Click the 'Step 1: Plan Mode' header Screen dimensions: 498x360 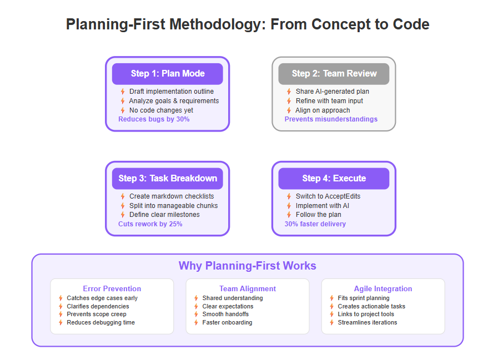click(x=167, y=74)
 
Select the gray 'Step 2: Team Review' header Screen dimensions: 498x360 click(x=334, y=74)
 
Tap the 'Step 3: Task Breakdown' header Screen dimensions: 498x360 click(x=167, y=179)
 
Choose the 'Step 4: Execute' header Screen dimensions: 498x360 click(x=334, y=179)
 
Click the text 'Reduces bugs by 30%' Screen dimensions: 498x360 click(x=154, y=119)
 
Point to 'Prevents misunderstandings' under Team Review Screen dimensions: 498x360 click(x=331, y=119)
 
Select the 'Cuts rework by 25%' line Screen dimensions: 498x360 click(x=150, y=224)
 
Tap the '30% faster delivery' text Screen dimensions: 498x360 click(x=315, y=224)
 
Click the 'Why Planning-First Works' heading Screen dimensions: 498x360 click(x=248, y=266)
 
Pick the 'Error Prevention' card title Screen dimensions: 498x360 click(x=112, y=288)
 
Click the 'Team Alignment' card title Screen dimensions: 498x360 click(x=248, y=288)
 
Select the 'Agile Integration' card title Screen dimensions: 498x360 click(x=383, y=288)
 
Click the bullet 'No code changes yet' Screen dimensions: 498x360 click(x=161, y=110)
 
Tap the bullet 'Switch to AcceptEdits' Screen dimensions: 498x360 click(x=328, y=196)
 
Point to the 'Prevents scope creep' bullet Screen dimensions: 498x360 click(x=97, y=315)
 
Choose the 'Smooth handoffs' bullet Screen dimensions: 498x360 click(x=225, y=315)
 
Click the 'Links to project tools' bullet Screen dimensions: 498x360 click(x=366, y=315)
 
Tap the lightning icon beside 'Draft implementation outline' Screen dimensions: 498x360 click(x=123, y=92)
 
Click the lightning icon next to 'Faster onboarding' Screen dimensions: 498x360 click(x=197, y=322)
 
